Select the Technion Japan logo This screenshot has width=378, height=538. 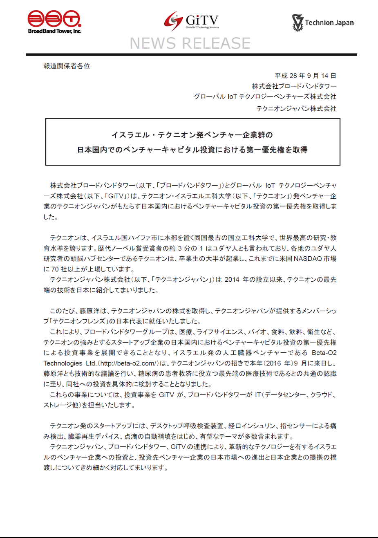tap(323, 22)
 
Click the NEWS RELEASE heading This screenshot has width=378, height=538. tap(190, 43)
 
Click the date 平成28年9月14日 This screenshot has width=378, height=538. tap(306, 76)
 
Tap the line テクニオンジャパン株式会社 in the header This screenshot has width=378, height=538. tap(296, 108)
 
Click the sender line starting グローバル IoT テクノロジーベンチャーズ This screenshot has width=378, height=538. tap(265, 97)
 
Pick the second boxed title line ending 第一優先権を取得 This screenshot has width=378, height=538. tap(192, 150)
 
